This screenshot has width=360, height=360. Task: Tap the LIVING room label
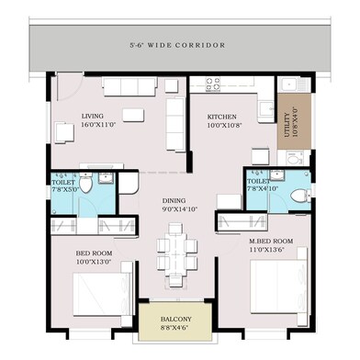click(x=93, y=117)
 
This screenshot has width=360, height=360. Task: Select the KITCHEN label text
click(x=222, y=118)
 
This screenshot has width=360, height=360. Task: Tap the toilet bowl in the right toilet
click(x=296, y=194)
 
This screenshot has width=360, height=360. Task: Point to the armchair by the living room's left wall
click(x=62, y=132)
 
